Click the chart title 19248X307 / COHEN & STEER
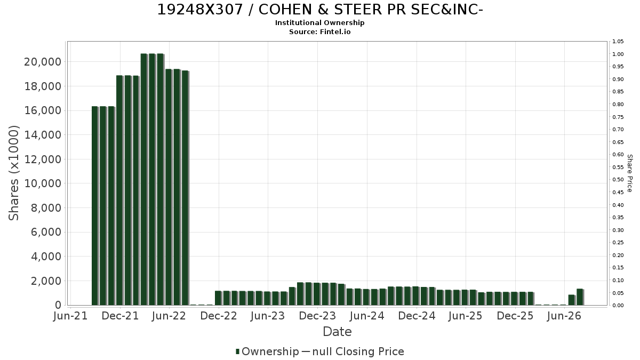[320, 10]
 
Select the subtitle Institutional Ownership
[319, 23]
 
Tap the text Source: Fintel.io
[319, 31]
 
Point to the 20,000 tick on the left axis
[43, 62]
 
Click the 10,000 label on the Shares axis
[43, 183]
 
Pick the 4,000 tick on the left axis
[46, 257]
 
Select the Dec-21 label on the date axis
[120, 316]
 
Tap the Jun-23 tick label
[268, 316]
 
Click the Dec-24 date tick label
[417, 316]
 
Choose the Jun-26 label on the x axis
[564, 316]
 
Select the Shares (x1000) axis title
[14, 173]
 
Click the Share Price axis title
[630, 173]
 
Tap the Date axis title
[337, 332]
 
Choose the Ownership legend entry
[267, 351]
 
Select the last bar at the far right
[580, 297]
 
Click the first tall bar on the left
[94, 206]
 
